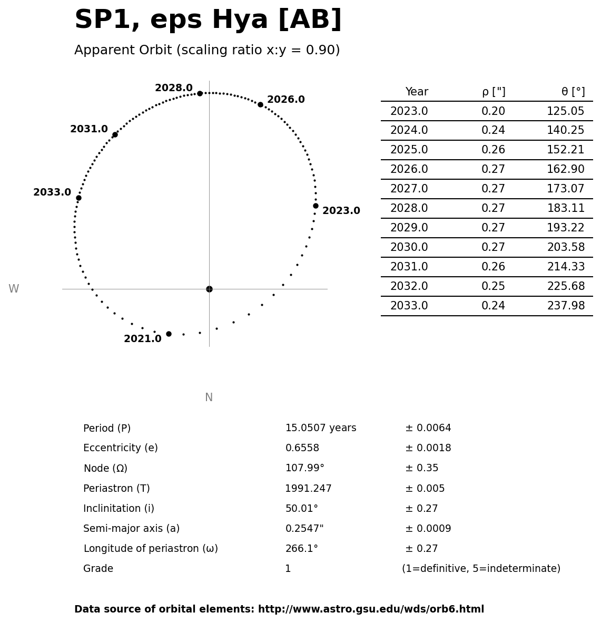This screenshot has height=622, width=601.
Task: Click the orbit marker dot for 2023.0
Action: (316, 206)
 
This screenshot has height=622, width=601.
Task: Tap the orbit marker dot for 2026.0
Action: (260, 104)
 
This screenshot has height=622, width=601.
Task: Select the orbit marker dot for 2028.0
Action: (200, 93)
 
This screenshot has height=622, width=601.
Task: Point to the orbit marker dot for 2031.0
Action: (115, 134)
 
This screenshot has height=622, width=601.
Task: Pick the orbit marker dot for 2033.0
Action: (78, 198)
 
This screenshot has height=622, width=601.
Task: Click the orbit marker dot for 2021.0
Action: (169, 334)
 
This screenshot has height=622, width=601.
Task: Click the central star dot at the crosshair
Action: (209, 289)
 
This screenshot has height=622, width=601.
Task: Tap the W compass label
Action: (14, 289)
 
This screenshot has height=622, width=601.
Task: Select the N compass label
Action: (209, 397)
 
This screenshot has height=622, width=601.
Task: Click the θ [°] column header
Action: (573, 92)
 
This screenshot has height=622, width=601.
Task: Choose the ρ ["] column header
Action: (493, 92)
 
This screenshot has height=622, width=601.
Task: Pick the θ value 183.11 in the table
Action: (566, 208)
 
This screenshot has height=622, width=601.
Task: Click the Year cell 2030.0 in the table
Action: (409, 247)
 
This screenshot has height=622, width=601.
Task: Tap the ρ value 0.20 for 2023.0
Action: (493, 111)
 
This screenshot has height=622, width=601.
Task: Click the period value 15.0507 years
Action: (320, 428)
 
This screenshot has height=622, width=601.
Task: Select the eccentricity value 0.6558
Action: (302, 448)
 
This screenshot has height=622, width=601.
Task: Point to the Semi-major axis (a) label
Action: (131, 528)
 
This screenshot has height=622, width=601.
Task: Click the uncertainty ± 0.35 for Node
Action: (421, 468)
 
